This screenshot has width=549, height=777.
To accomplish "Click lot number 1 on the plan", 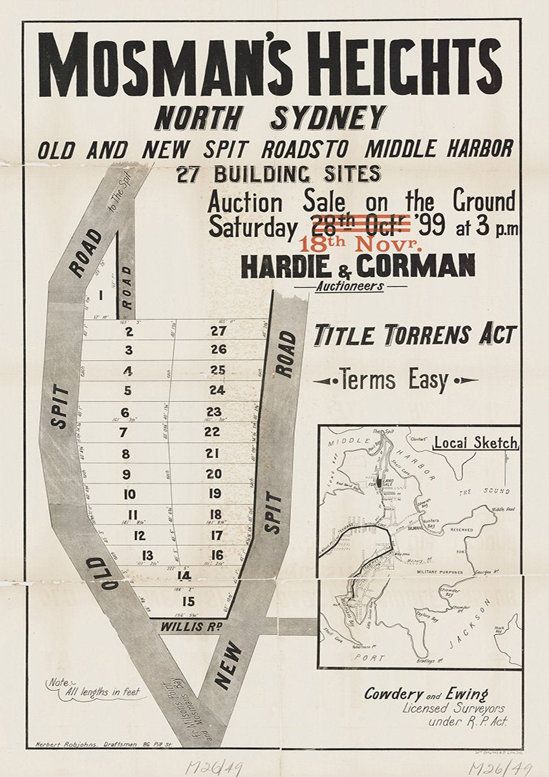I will click(x=101, y=296).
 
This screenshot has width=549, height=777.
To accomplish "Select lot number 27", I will click(x=219, y=332).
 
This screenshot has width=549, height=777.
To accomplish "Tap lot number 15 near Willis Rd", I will click(x=188, y=602).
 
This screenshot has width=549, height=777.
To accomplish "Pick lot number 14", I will click(x=184, y=575).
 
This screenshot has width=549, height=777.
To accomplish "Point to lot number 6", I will click(x=125, y=412).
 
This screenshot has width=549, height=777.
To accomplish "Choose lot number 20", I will click(x=214, y=474).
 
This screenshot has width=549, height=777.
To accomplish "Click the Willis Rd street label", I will click(x=192, y=627).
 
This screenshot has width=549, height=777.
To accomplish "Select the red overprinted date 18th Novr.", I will click(x=361, y=245).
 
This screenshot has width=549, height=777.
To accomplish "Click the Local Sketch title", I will click(x=475, y=444).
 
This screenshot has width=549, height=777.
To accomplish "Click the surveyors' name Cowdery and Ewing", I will click(x=426, y=694).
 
